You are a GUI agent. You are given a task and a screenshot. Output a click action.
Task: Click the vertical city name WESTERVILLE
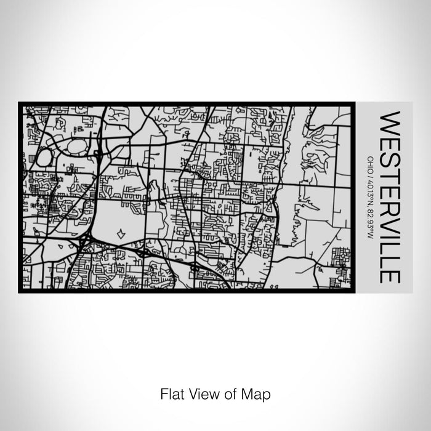point(391,196)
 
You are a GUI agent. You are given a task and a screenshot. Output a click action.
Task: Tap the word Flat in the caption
point(171,393)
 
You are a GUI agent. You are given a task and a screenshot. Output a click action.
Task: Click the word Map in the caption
point(258,393)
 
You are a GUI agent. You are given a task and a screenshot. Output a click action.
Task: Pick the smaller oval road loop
point(44,157)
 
